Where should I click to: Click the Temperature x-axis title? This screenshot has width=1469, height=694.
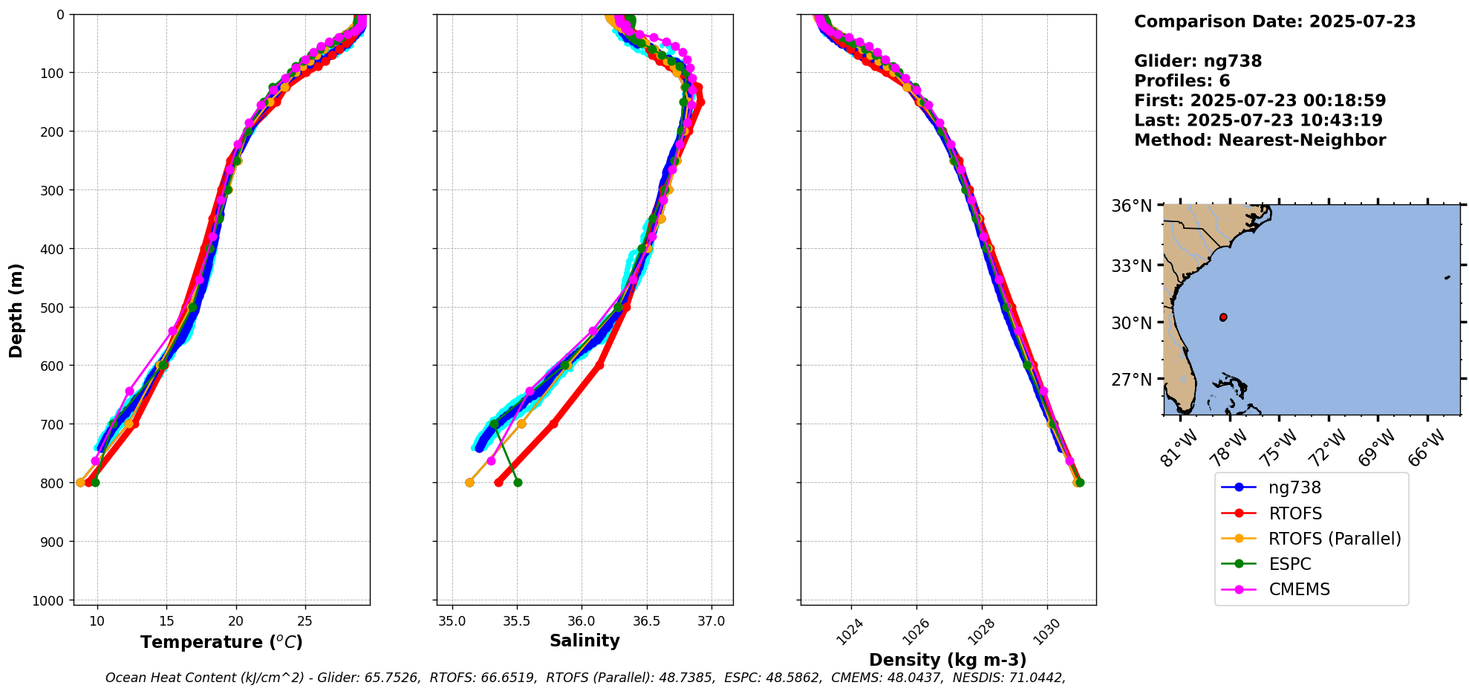coord(221,642)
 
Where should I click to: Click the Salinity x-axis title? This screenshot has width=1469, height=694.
coord(584,641)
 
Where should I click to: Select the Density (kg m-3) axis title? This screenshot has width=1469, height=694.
coord(948,660)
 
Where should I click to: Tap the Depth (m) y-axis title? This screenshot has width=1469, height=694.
coord(16,310)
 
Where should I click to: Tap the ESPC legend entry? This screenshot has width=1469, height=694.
coord(1290,564)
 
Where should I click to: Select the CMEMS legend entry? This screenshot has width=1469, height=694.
coord(1299,589)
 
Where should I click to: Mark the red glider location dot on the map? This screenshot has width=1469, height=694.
coord(1223,317)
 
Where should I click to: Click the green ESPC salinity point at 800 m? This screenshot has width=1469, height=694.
coord(518,482)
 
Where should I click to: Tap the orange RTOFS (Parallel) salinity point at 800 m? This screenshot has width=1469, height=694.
coord(469,482)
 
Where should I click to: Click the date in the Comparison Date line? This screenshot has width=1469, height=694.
coord(1362,22)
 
